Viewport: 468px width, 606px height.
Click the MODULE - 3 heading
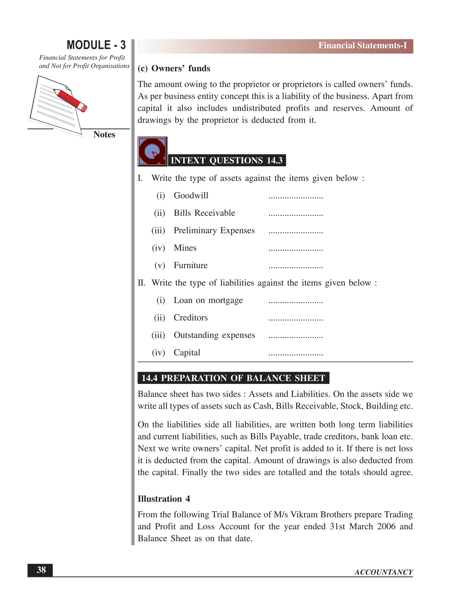96,45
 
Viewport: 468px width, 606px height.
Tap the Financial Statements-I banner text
362,46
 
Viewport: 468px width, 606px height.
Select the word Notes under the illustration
104,134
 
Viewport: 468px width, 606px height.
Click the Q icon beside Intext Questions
152,151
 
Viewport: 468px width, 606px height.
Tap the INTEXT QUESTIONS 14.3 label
226,160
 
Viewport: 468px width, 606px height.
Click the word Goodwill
191,196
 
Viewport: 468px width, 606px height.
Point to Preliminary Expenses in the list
214,231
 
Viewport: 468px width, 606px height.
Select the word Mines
185,248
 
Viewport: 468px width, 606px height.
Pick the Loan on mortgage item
208,300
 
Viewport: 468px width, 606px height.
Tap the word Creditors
191,318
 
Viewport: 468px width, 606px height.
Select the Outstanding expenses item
214,335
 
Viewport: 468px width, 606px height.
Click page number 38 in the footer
41,570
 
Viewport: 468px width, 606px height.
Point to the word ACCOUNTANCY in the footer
383,572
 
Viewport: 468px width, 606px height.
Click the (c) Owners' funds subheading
174,69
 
